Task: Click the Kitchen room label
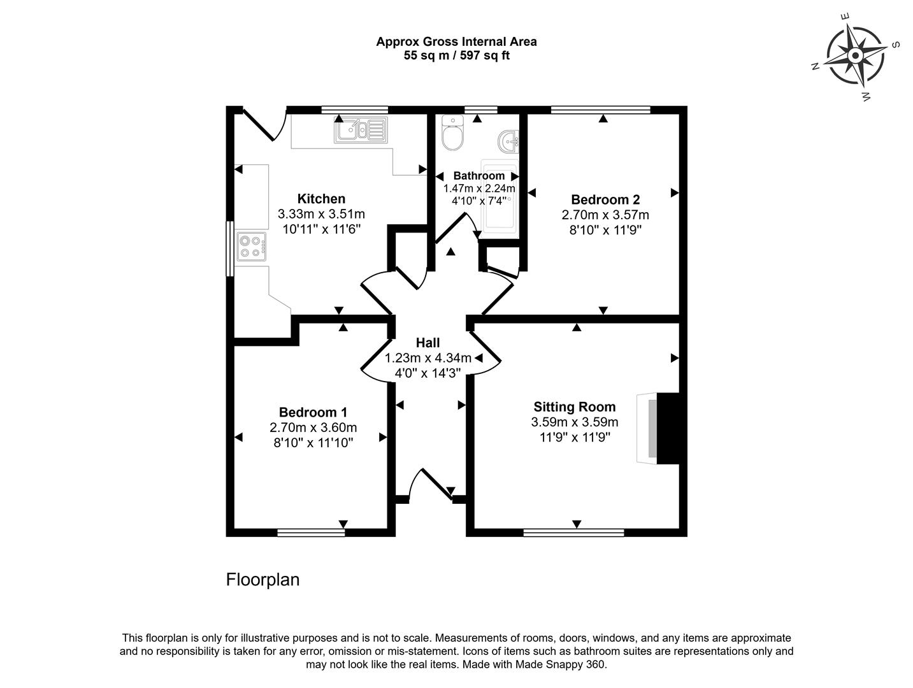point(321,199)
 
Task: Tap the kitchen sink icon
point(360,131)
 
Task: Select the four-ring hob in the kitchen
point(251,247)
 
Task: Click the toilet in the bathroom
point(453,133)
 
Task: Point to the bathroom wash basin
point(510,142)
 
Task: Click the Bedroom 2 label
point(605,199)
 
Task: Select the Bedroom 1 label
point(313,412)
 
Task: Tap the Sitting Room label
point(574,406)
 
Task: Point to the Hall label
point(428,343)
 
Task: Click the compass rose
point(855,57)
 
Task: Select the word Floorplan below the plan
point(262,580)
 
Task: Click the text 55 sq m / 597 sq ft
point(456,55)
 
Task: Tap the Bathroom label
point(478,176)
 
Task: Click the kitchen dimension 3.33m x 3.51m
point(321,214)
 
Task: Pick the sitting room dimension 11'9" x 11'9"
point(574,437)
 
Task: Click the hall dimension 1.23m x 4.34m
point(428,358)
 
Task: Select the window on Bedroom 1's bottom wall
point(311,532)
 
